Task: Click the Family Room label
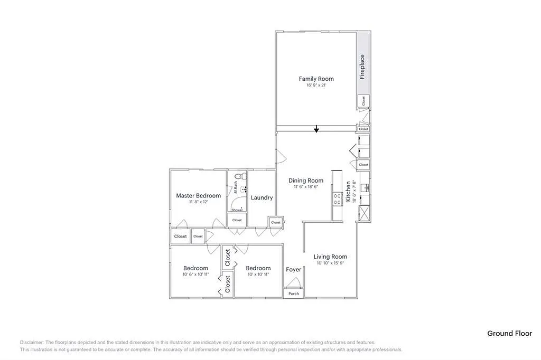[x=316, y=79]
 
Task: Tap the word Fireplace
[x=362, y=67]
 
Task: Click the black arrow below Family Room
[x=316, y=129]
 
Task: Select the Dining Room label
[x=305, y=181]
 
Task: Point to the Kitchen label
[x=349, y=192]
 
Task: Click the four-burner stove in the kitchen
[x=337, y=199]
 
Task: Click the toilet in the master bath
[x=238, y=176]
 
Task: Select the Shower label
[x=237, y=210]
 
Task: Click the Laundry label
[x=262, y=198]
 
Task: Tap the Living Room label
[x=330, y=257]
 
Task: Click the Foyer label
[x=294, y=270]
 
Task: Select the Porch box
[x=294, y=293]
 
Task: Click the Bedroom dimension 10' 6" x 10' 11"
[x=195, y=274]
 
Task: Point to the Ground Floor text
[x=509, y=333]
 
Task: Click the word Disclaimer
[x=32, y=342]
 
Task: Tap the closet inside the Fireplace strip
[x=363, y=101]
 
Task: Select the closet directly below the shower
[x=237, y=220]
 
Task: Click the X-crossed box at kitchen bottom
[x=363, y=213]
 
